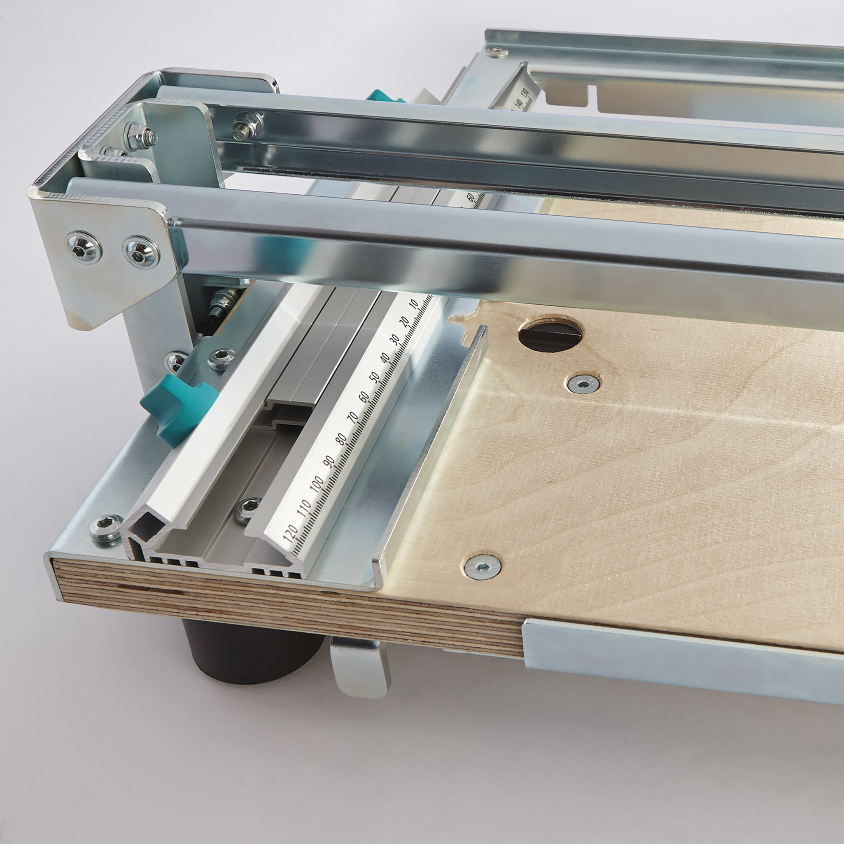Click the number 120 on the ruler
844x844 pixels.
click(x=290, y=534)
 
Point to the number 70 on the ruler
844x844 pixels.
click(x=353, y=418)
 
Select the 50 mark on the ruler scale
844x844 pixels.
click(x=374, y=377)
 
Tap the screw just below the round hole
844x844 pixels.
click(x=583, y=384)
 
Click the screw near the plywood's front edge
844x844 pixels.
click(x=482, y=567)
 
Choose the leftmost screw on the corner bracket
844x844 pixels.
click(x=84, y=248)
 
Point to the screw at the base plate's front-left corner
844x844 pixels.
click(x=106, y=528)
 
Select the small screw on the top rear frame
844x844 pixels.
click(x=497, y=52)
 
